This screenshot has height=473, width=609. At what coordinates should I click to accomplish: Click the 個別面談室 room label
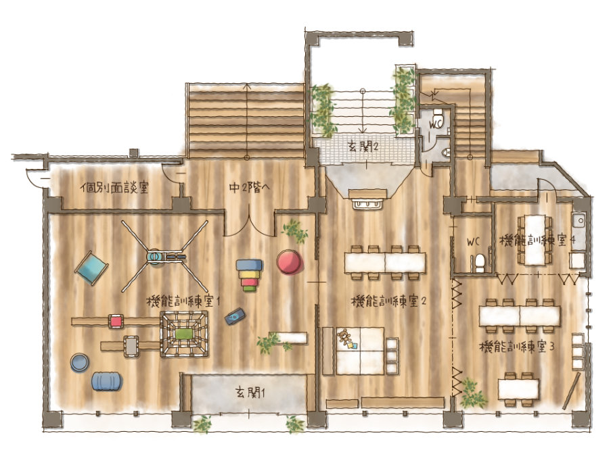point(114,188)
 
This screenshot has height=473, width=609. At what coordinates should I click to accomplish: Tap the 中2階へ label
point(249,188)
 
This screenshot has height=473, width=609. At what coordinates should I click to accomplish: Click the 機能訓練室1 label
point(183,301)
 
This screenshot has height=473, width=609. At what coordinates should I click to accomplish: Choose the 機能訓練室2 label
point(388,301)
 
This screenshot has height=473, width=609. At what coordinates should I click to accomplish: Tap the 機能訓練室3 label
point(517,346)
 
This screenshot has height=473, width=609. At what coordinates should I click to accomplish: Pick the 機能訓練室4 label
point(537,241)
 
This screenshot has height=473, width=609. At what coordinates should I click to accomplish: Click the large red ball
point(290,262)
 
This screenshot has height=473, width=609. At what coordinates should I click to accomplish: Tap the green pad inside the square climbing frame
point(185,333)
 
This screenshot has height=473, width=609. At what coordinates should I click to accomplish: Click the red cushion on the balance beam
point(116,322)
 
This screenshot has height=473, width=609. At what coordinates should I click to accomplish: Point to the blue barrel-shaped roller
point(107,381)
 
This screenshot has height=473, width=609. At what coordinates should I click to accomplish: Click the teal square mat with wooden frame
point(91,268)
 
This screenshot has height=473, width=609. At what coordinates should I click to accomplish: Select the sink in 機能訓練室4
point(579,222)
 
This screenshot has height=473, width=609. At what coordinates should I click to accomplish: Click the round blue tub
point(81,363)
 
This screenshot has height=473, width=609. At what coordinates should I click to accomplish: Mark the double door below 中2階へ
point(249,225)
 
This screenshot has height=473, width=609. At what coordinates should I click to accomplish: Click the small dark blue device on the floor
point(235,316)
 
